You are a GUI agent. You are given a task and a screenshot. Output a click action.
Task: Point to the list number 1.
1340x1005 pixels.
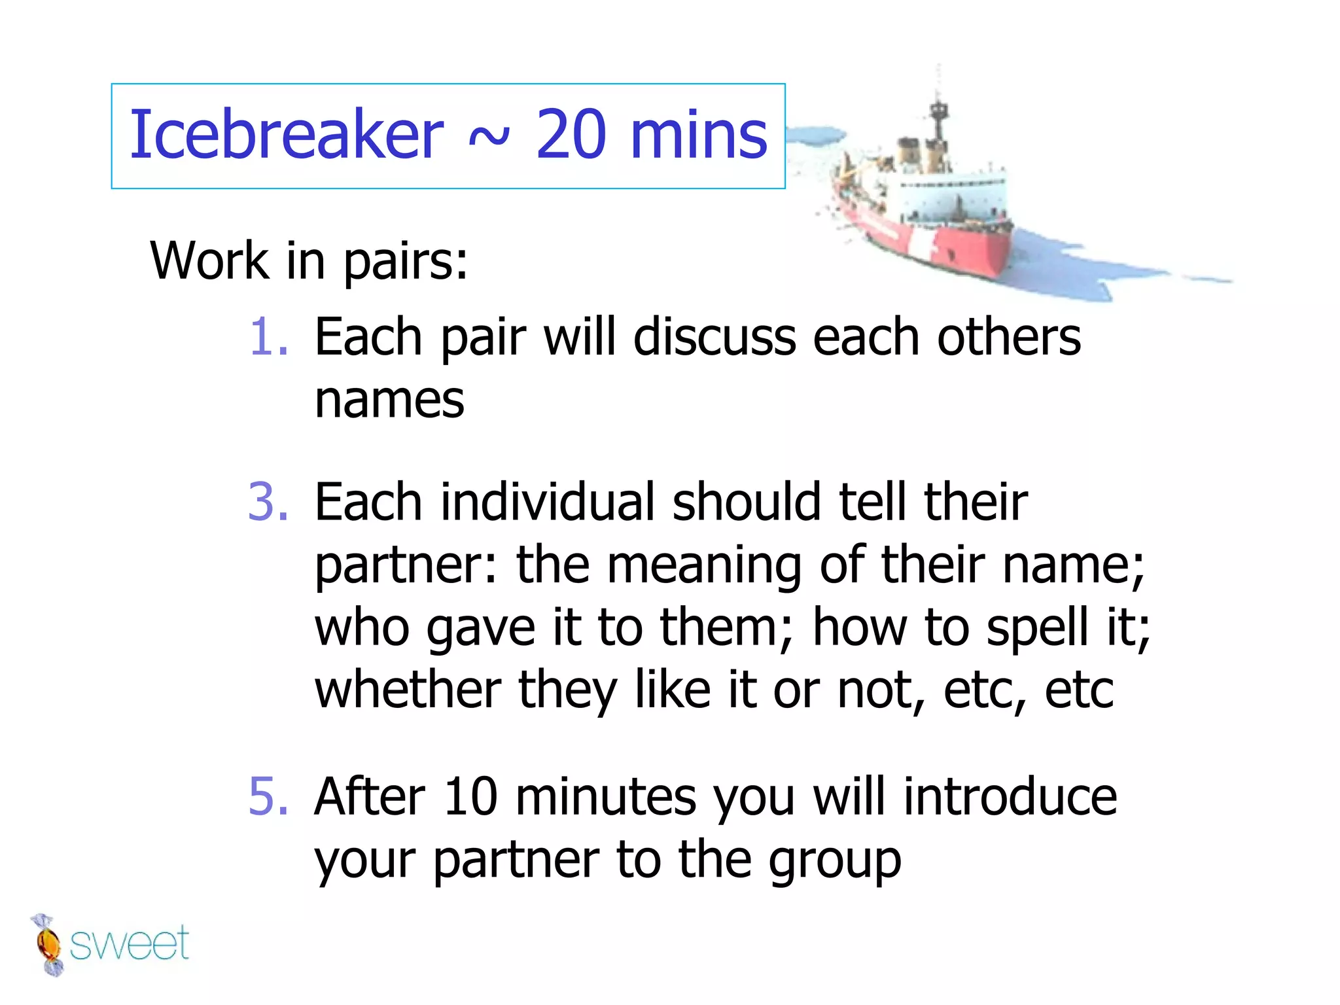(268, 338)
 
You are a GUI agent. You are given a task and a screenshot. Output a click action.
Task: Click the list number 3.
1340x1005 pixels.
(268, 502)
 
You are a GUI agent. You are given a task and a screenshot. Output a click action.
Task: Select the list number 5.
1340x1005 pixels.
(268, 797)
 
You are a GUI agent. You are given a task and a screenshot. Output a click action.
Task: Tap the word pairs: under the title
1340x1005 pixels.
(406, 262)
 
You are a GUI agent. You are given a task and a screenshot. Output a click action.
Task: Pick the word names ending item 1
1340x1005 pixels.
(389, 400)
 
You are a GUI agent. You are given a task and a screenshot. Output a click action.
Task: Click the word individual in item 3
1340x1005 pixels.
(548, 502)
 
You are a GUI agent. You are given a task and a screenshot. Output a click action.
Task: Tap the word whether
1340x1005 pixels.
(408, 690)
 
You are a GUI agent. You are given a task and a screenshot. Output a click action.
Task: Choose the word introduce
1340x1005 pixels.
(1010, 797)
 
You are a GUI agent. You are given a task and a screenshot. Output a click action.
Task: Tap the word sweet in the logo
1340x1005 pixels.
(129, 944)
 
